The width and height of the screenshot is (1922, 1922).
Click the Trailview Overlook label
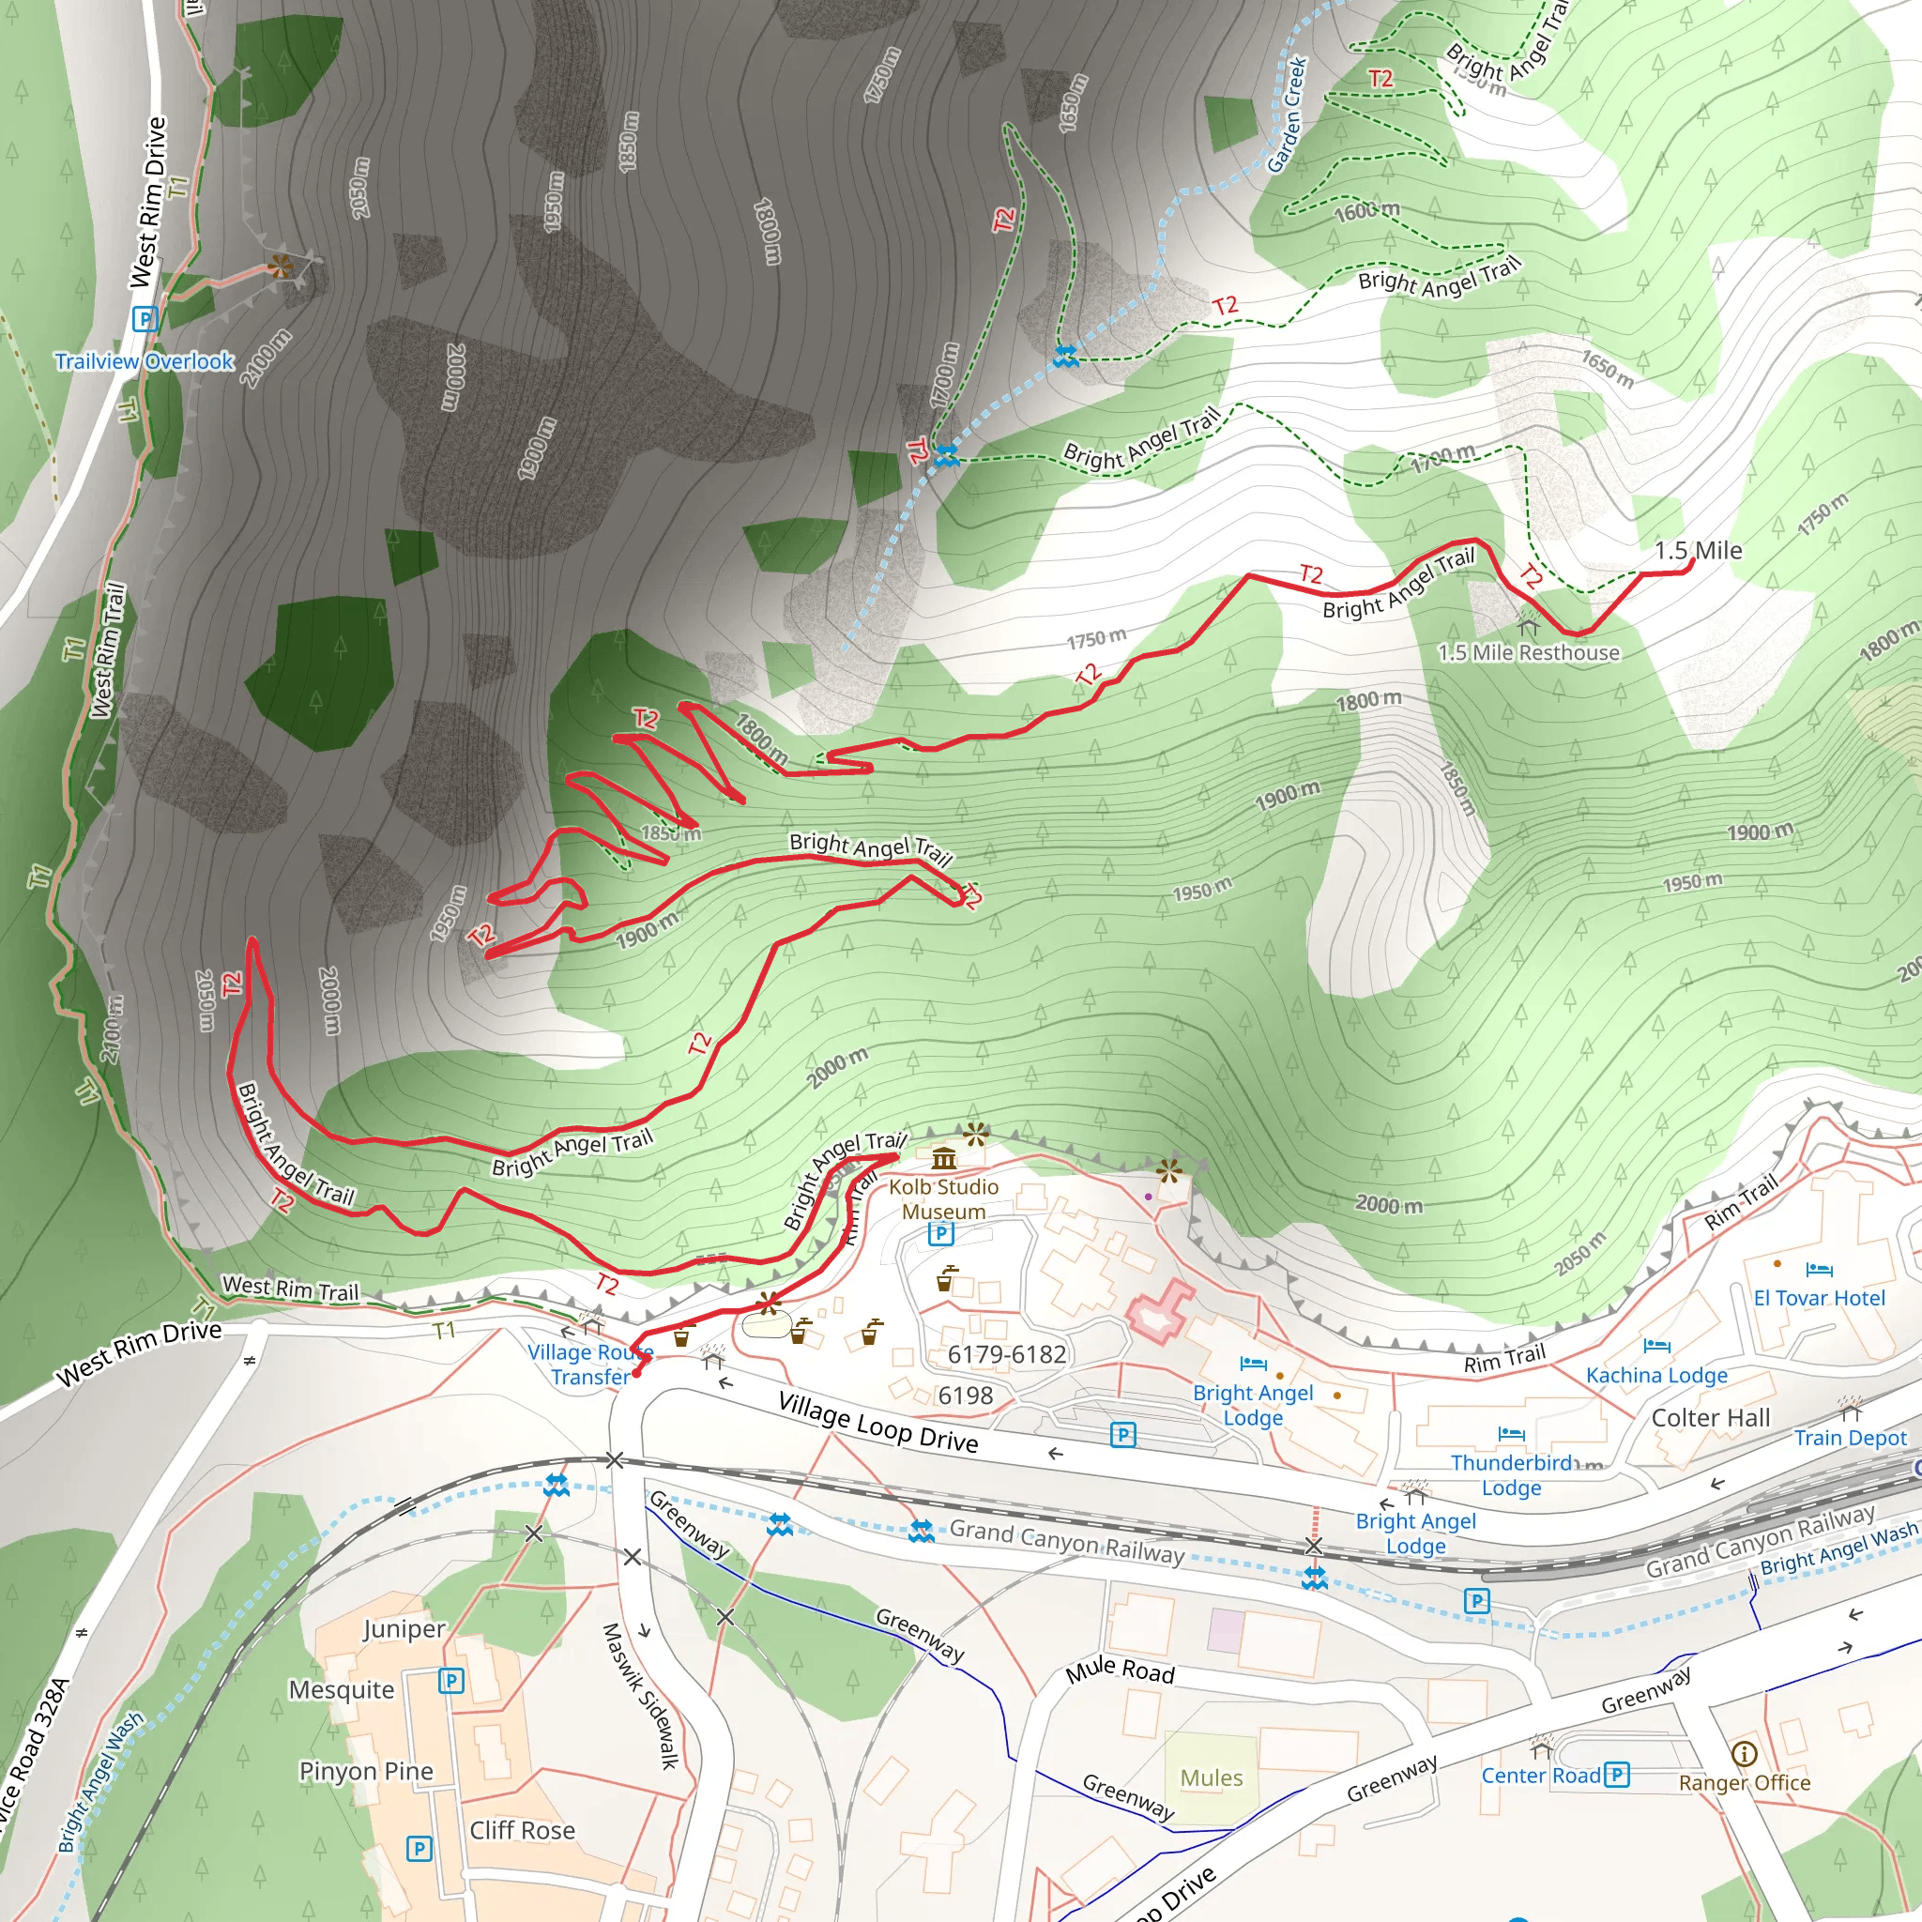[145, 361]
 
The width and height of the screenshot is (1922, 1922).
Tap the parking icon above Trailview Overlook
[145, 319]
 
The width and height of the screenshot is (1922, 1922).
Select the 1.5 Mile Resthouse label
[1528, 652]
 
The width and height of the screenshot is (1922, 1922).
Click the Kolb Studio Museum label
[943, 1198]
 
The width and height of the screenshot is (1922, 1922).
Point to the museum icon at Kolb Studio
[943, 1158]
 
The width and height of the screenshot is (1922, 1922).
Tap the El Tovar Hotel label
[1819, 1298]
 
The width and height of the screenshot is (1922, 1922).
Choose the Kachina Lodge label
[1656, 1375]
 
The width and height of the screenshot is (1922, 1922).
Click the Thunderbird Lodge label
[1511, 1475]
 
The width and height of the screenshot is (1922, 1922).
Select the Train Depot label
[1851, 1438]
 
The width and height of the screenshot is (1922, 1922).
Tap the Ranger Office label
[1744, 1783]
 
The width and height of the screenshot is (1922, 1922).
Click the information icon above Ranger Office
[1744, 1753]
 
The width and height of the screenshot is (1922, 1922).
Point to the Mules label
[1211, 1777]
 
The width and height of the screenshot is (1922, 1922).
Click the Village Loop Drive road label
[877, 1423]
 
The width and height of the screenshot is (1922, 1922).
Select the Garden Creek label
[1287, 114]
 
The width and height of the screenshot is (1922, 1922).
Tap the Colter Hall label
[1710, 1418]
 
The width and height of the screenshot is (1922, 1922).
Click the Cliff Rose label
[523, 1830]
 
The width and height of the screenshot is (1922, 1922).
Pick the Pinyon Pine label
[366, 1772]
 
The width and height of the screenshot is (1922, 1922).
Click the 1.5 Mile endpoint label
[1698, 550]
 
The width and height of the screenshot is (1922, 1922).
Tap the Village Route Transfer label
[590, 1364]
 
